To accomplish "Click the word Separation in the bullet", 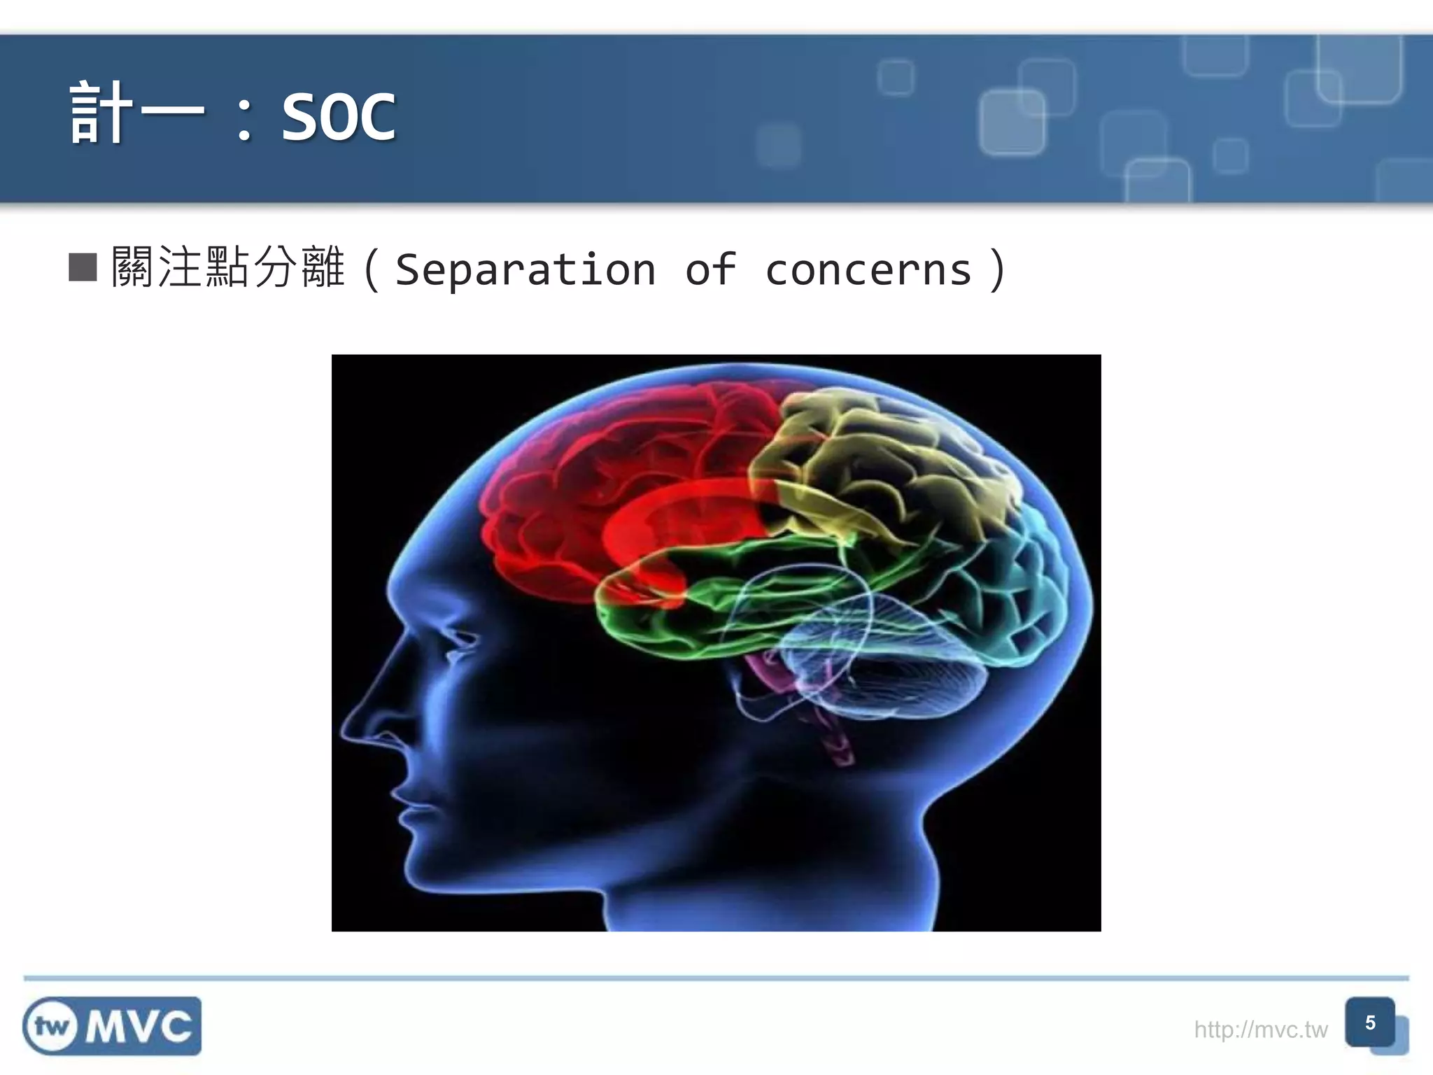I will (525, 269).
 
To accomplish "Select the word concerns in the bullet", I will (868, 269).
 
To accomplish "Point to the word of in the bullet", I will (710, 269).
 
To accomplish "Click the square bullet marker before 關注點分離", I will (83, 267).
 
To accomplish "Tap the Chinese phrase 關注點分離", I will (228, 267).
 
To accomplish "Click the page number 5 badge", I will (1370, 1023).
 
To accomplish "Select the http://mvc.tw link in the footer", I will (1260, 1030).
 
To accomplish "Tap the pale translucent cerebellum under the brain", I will (889, 672).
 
